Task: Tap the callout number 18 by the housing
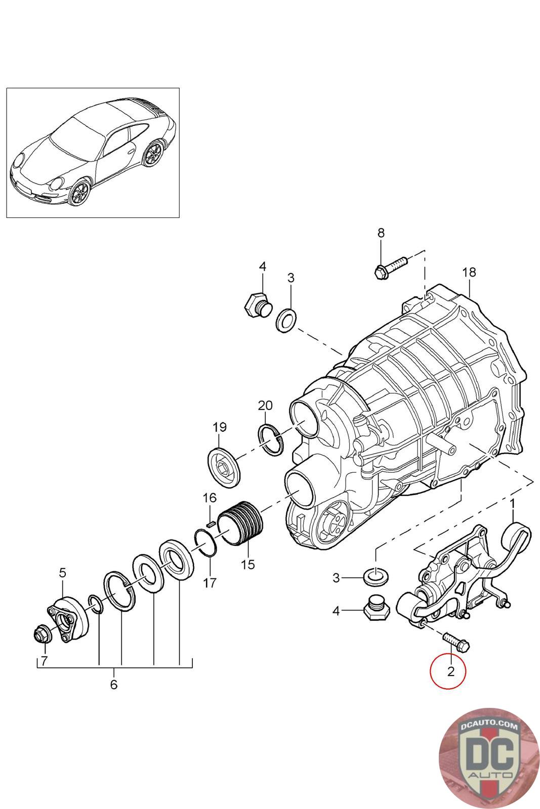click(469, 272)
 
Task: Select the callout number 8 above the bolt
click(381, 233)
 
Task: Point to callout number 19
click(220, 427)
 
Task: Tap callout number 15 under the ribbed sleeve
click(248, 564)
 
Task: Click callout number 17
click(210, 583)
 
